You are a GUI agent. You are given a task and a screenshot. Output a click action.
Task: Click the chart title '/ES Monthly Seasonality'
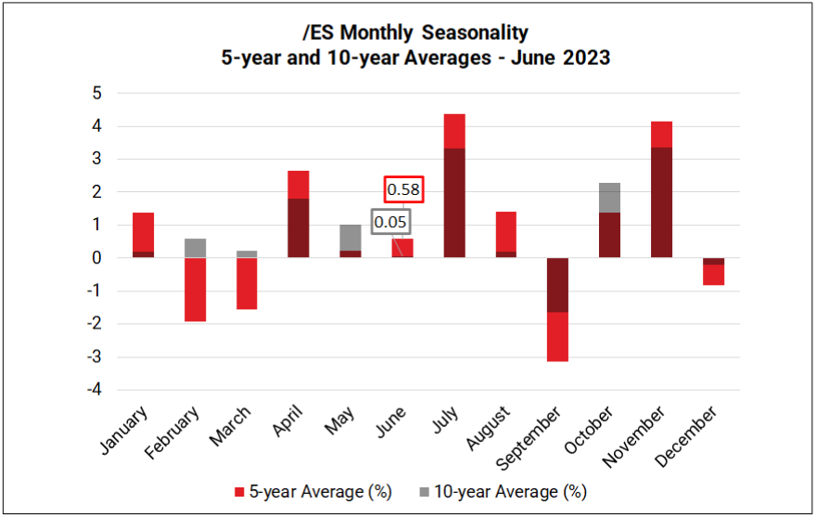tap(414, 32)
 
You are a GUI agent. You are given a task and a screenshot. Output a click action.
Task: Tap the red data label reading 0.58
tap(403, 188)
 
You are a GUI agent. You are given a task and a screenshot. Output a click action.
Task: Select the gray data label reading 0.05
tap(389, 222)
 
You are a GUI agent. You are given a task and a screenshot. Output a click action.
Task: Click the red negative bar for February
tap(195, 289)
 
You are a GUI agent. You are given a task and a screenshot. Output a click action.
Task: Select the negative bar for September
tap(557, 308)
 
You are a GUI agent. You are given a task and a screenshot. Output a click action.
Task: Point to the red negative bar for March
tap(247, 283)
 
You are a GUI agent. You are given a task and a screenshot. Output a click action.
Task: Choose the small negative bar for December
tap(713, 271)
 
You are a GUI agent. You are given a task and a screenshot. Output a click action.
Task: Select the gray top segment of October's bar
tap(609, 198)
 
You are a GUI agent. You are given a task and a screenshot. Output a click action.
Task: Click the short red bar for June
tap(402, 249)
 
